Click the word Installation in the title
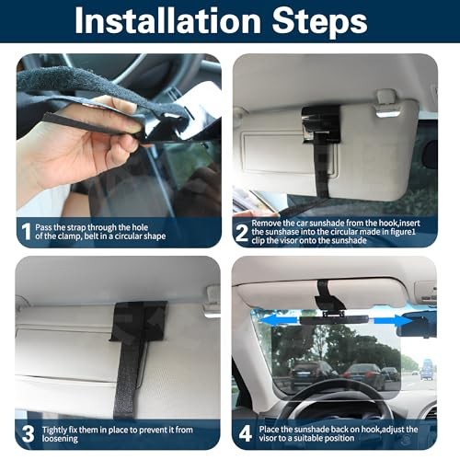click(x=167, y=20)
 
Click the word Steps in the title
click(x=320, y=22)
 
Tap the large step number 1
click(x=27, y=232)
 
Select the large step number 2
click(x=242, y=234)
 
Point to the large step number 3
click(x=29, y=433)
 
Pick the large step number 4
click(x=246, y=433)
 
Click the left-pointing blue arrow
click(x=279, y=319)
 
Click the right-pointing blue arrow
click(x=393, y=320)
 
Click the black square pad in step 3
click(x=139, y=320)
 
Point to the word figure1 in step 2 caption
click(x=400, y=232)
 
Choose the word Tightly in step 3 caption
click(x=54, y=430)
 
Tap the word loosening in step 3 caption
click(x=60, y=439)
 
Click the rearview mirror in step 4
click(x=417, y=324)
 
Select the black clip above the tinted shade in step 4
click(x=330, y=298)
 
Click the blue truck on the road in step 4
click(x=426, y=369)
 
